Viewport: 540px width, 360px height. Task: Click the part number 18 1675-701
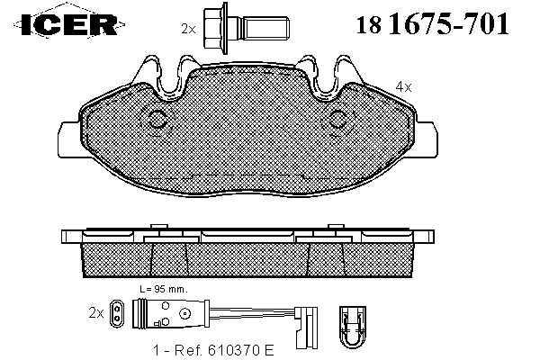coord(432,24)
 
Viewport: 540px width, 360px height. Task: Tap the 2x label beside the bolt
coord(188,29)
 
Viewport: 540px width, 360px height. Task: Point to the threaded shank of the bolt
coord(265,29)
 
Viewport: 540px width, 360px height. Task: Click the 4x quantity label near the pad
coord(403,86)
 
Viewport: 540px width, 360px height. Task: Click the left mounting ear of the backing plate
coord(69,139)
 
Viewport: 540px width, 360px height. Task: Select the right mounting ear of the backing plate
coord(427,139)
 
